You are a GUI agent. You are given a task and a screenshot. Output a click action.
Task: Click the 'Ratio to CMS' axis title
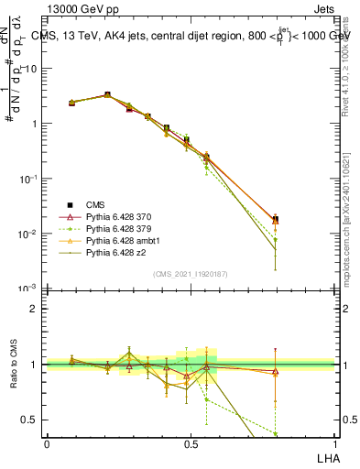14,365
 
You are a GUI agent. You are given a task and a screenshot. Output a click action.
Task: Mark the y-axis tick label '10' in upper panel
31,69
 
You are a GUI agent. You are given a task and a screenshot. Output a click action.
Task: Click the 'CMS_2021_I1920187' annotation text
191,274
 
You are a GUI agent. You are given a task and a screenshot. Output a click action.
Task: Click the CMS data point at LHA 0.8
276,220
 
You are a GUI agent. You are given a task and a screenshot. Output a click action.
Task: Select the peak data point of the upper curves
107,94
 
